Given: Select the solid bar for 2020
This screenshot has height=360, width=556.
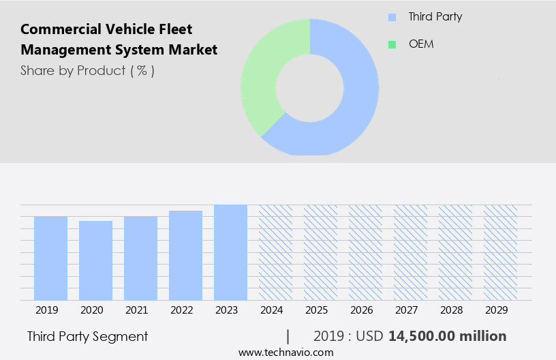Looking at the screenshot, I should coord(95,260).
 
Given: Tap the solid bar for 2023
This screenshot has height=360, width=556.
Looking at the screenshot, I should coord(230,252).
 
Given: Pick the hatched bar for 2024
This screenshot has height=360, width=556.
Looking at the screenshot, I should coord(275,252).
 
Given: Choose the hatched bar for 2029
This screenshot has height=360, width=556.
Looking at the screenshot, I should coord(500,252).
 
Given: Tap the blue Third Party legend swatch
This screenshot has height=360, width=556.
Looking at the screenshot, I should coord(392,17).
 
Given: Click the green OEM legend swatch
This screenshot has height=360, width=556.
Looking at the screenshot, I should coord(392,44).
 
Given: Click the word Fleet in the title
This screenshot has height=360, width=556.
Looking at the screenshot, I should coord(176,29).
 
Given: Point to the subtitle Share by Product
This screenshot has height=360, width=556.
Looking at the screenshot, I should coord(87,70).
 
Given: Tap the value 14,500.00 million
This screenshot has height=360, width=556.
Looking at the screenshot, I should coord(447,336).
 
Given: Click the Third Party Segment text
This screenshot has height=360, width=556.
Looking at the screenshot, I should coord(87,336).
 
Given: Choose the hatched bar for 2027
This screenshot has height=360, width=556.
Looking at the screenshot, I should coord(410,252).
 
